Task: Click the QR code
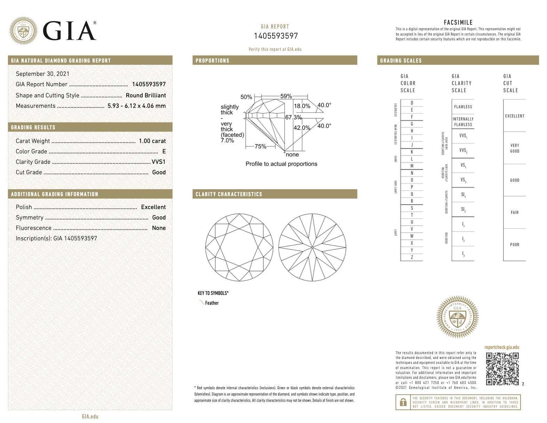(502, 369)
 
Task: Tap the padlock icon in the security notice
(403, 402)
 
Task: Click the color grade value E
(164, 151)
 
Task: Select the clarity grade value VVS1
(159, 162)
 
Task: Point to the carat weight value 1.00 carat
(152, 141)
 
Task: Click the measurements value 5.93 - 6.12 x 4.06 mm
(136, 106)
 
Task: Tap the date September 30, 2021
(42, 74)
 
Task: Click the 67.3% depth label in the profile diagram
(293, 117)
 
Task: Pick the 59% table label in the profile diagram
(286, 96)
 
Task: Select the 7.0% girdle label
(227, 141)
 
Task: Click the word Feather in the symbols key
(212, 303)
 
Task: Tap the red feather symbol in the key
(201, 302)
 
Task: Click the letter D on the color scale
(412, 103)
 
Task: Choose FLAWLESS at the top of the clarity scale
(463, 107)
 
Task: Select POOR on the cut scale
(514, 245)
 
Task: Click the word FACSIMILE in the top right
(458, 22)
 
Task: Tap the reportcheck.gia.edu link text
(501, 347)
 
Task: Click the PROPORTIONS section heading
(212, 61)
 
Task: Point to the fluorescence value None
(159, 228)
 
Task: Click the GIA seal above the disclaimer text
(457, 317)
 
